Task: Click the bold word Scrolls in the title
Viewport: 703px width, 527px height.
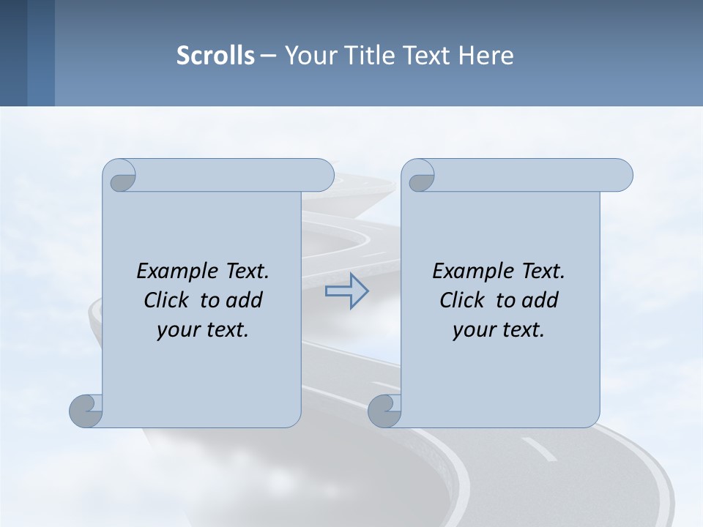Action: pyautogui.click(x=215, y=55)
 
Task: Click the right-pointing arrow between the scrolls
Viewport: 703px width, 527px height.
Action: pyautogui.click(x=347, y=291)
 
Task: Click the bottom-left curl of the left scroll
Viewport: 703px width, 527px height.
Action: pyautogui.click(x=86, y=410)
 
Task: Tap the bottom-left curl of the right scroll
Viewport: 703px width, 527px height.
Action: pyautogui.click(x=384, y=410)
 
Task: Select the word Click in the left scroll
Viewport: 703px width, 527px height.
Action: pyautogui.click(x=167, y=300)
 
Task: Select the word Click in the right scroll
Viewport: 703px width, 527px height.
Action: pyautogui.click(x=463, y=300)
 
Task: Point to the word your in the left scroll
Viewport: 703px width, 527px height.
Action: pyautogui.click(x=176, y=331)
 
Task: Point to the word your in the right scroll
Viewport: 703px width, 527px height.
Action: pyautogui.click(x=472, y=331)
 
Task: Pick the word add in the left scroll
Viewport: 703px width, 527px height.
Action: pyautogui.click(x=245, y=300)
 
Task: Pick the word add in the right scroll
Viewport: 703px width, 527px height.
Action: pyautogui.click(x=540, y=300)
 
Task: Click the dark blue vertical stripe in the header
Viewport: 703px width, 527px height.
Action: pyautogui.click(x=13, y=53)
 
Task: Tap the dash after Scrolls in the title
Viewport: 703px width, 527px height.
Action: pyautogui.click(x=268, y=56)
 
